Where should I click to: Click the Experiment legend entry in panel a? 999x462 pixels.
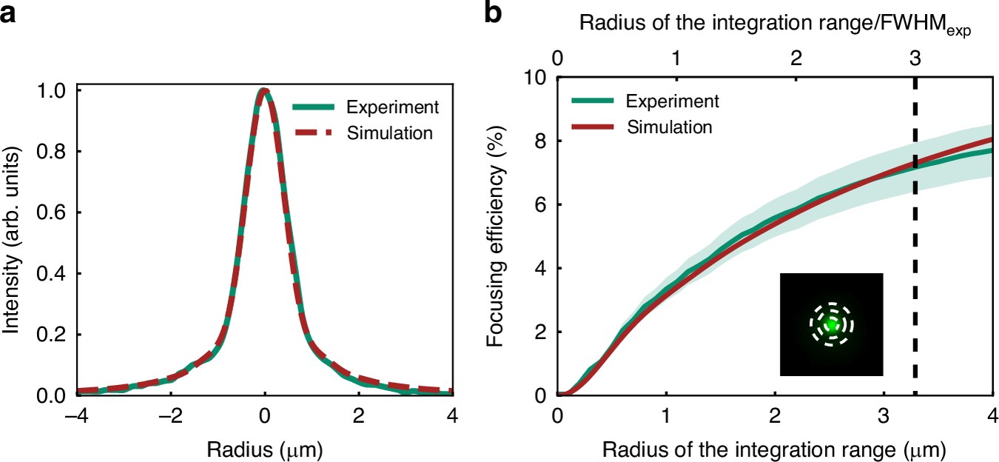366,107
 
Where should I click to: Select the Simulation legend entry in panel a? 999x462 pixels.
364,133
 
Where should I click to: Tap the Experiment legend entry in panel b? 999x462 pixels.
645,101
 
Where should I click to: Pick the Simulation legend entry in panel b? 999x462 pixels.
642,127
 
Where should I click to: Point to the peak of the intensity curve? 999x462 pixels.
265,90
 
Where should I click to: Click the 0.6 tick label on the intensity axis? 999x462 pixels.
51,212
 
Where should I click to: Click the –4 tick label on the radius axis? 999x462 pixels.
75,416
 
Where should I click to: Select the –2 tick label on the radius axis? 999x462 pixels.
170,416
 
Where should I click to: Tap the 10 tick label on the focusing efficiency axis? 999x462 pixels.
534,78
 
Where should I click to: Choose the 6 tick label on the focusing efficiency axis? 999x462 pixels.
540,205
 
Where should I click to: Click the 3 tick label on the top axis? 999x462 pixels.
915,58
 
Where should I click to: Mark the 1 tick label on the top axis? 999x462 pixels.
676,58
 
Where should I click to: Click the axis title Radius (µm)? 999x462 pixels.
264,449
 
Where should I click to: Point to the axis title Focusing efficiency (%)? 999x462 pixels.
496,236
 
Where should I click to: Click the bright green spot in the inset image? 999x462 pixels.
831,325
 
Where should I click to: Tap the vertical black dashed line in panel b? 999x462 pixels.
915,237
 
